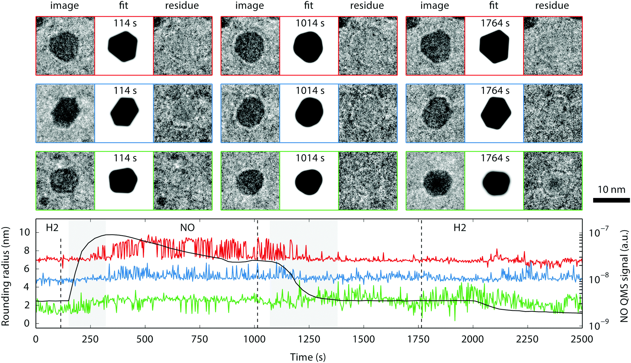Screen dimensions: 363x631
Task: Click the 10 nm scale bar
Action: [611, 200]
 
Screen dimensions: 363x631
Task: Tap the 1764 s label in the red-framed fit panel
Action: [495, 23]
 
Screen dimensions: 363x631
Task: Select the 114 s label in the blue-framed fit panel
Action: [125, 91]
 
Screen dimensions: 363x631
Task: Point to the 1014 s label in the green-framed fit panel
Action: [310, 158]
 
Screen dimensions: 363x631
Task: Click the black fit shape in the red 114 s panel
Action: [123, 46]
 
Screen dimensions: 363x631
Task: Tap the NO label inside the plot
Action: [187, 228]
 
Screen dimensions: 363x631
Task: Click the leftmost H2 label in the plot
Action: [52, 228]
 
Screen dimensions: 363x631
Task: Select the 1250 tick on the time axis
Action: [309, 339]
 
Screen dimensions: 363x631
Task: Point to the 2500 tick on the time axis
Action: [582, 339]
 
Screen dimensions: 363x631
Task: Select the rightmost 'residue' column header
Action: [552, 6]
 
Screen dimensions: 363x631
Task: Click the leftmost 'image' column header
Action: [64, 6]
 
